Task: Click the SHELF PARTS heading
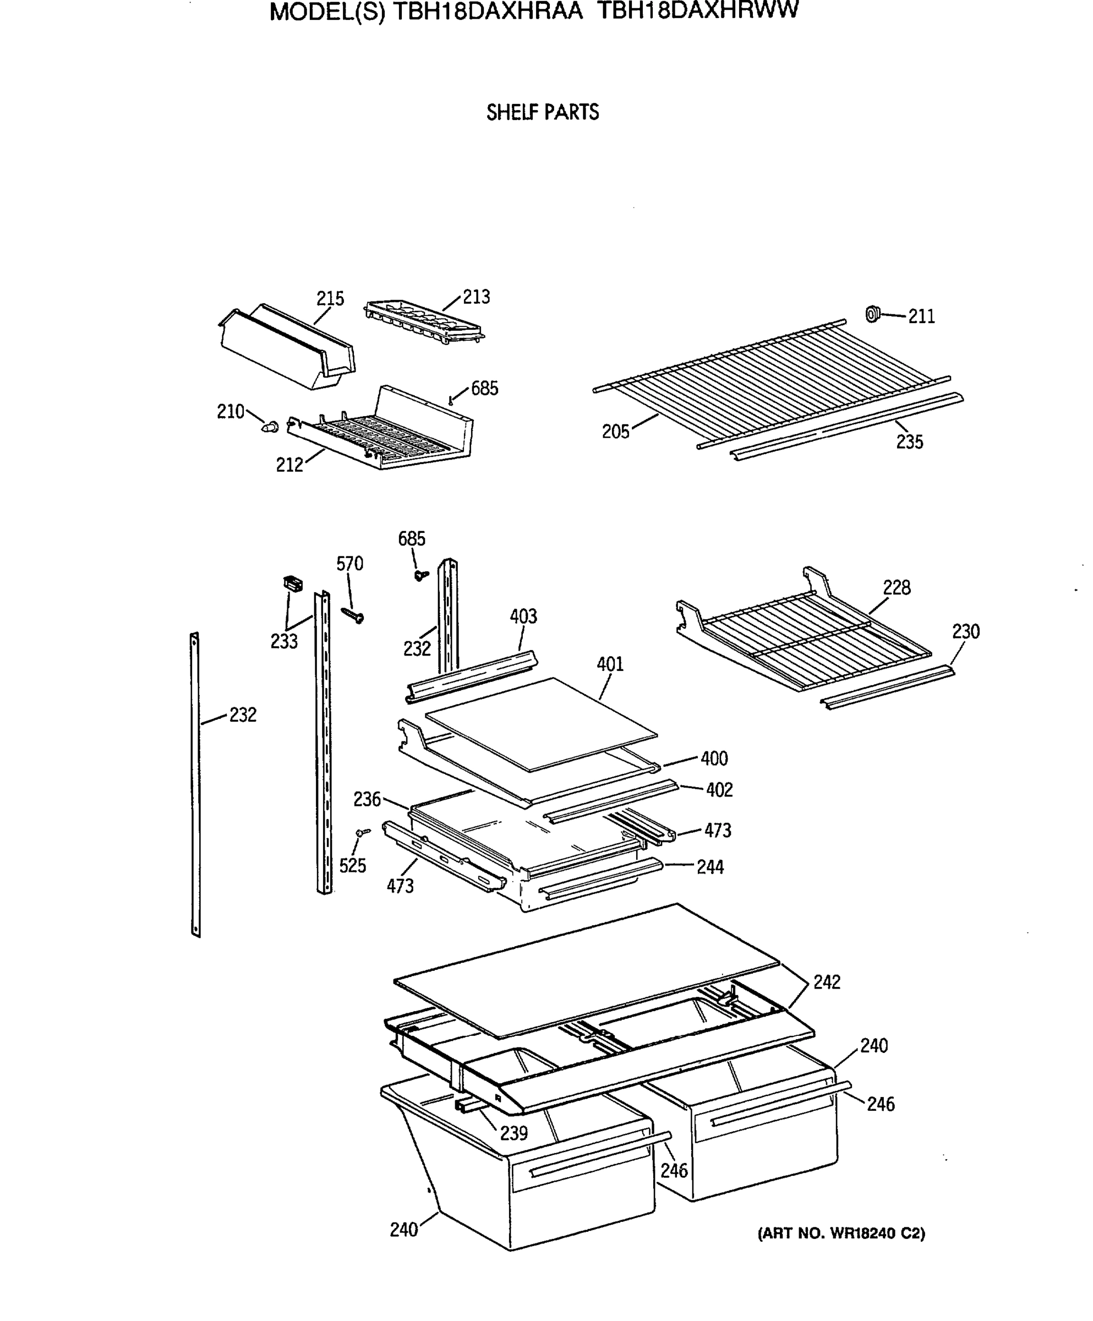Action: pos(542,113)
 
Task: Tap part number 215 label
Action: pos(330,298)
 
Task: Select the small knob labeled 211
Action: pos(872,313)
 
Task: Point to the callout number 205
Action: pos(615,432)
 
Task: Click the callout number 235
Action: pos(909,442)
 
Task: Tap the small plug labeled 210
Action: pos(271,427)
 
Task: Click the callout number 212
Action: pos(289,465)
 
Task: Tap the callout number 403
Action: pos(523,616)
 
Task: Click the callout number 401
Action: pos(610,664)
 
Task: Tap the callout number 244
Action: pos(710,867)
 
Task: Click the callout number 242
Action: pos(826,982)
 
